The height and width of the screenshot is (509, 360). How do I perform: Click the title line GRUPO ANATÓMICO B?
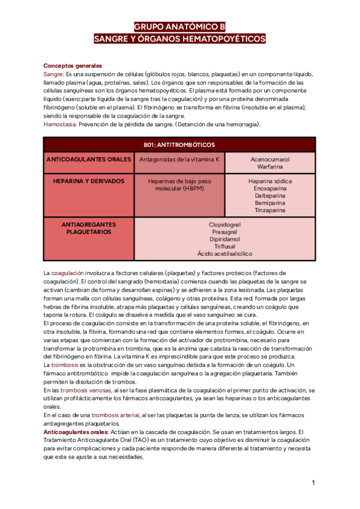pos(179,27)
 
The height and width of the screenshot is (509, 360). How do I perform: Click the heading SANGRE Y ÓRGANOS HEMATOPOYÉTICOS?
pos(179,38)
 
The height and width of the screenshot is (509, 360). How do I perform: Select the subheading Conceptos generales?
pos(73,66)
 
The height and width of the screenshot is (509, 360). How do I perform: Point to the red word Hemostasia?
pos(60,124)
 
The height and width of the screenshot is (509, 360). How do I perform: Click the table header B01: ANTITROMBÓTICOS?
pos(179,145)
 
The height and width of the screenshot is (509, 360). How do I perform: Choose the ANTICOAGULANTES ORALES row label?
pos(89,160)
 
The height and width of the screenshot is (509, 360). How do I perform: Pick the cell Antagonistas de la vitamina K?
pos(179,160)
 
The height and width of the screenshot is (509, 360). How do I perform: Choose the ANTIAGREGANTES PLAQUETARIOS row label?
pos(89,227)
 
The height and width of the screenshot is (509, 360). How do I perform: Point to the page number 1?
pos(313,483)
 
